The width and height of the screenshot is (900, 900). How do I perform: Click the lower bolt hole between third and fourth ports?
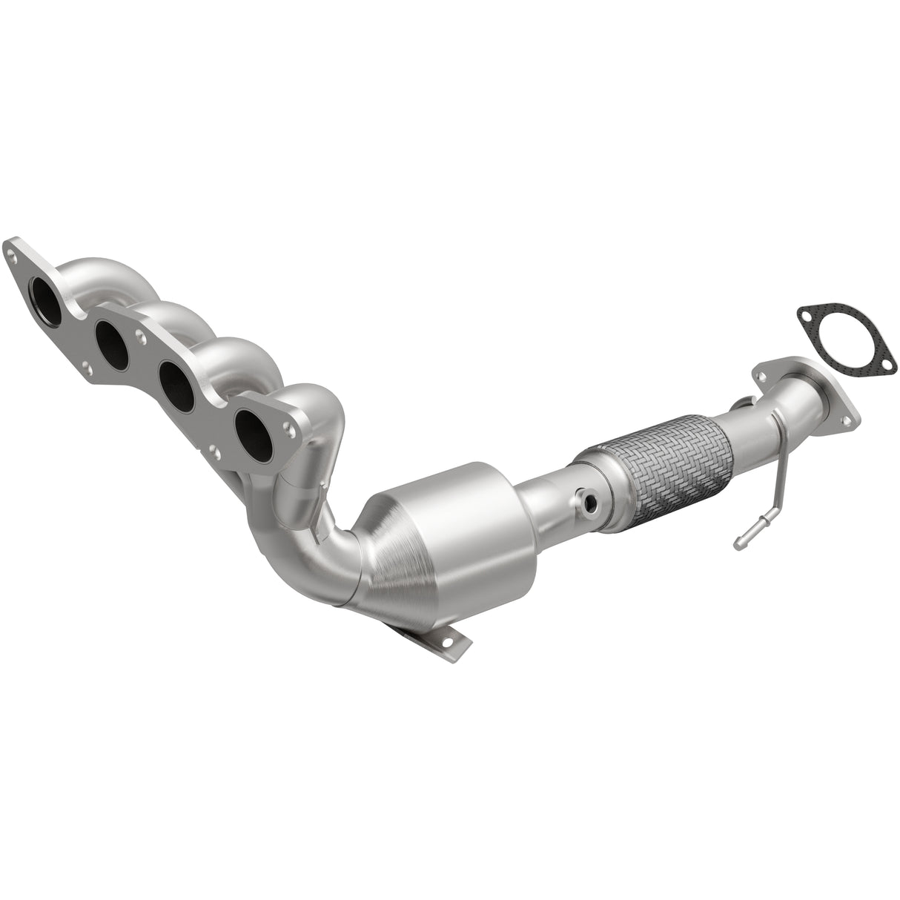click(x=214, y=450)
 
